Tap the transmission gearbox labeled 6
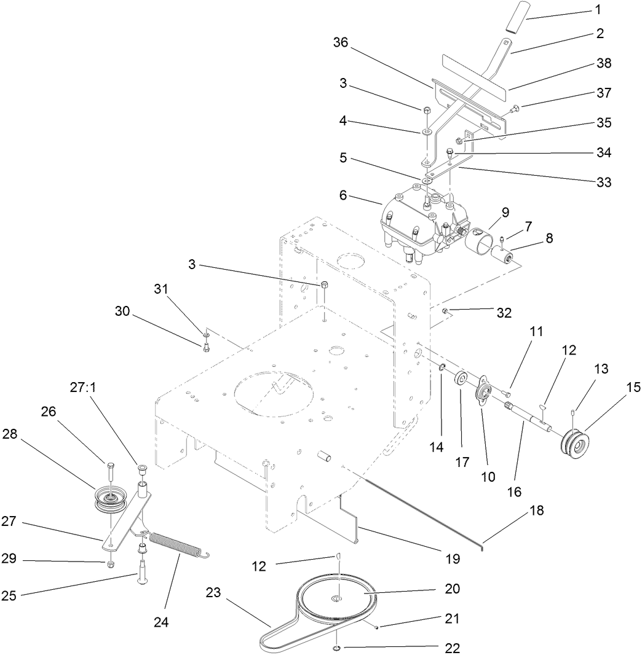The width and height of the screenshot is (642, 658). tap(421, 224)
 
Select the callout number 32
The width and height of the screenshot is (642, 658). tap(504, 312)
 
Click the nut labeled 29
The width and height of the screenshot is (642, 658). tap(109, 563)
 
